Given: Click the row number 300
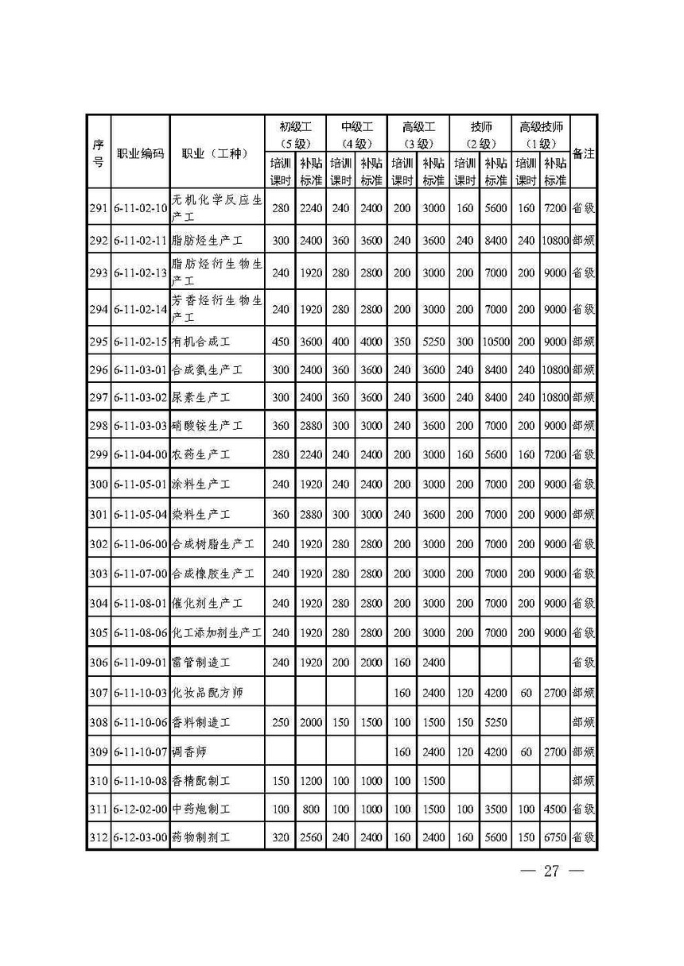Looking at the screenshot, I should coord(98,484).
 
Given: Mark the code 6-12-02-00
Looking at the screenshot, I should coord(140,810).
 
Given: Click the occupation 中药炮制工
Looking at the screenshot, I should coord(201,810).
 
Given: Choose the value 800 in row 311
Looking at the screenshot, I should coord(311,810).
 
